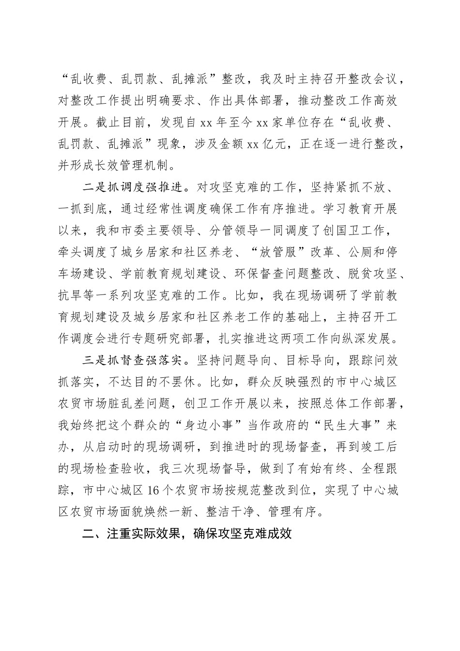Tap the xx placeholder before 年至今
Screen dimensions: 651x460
(x=204, y=123)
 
